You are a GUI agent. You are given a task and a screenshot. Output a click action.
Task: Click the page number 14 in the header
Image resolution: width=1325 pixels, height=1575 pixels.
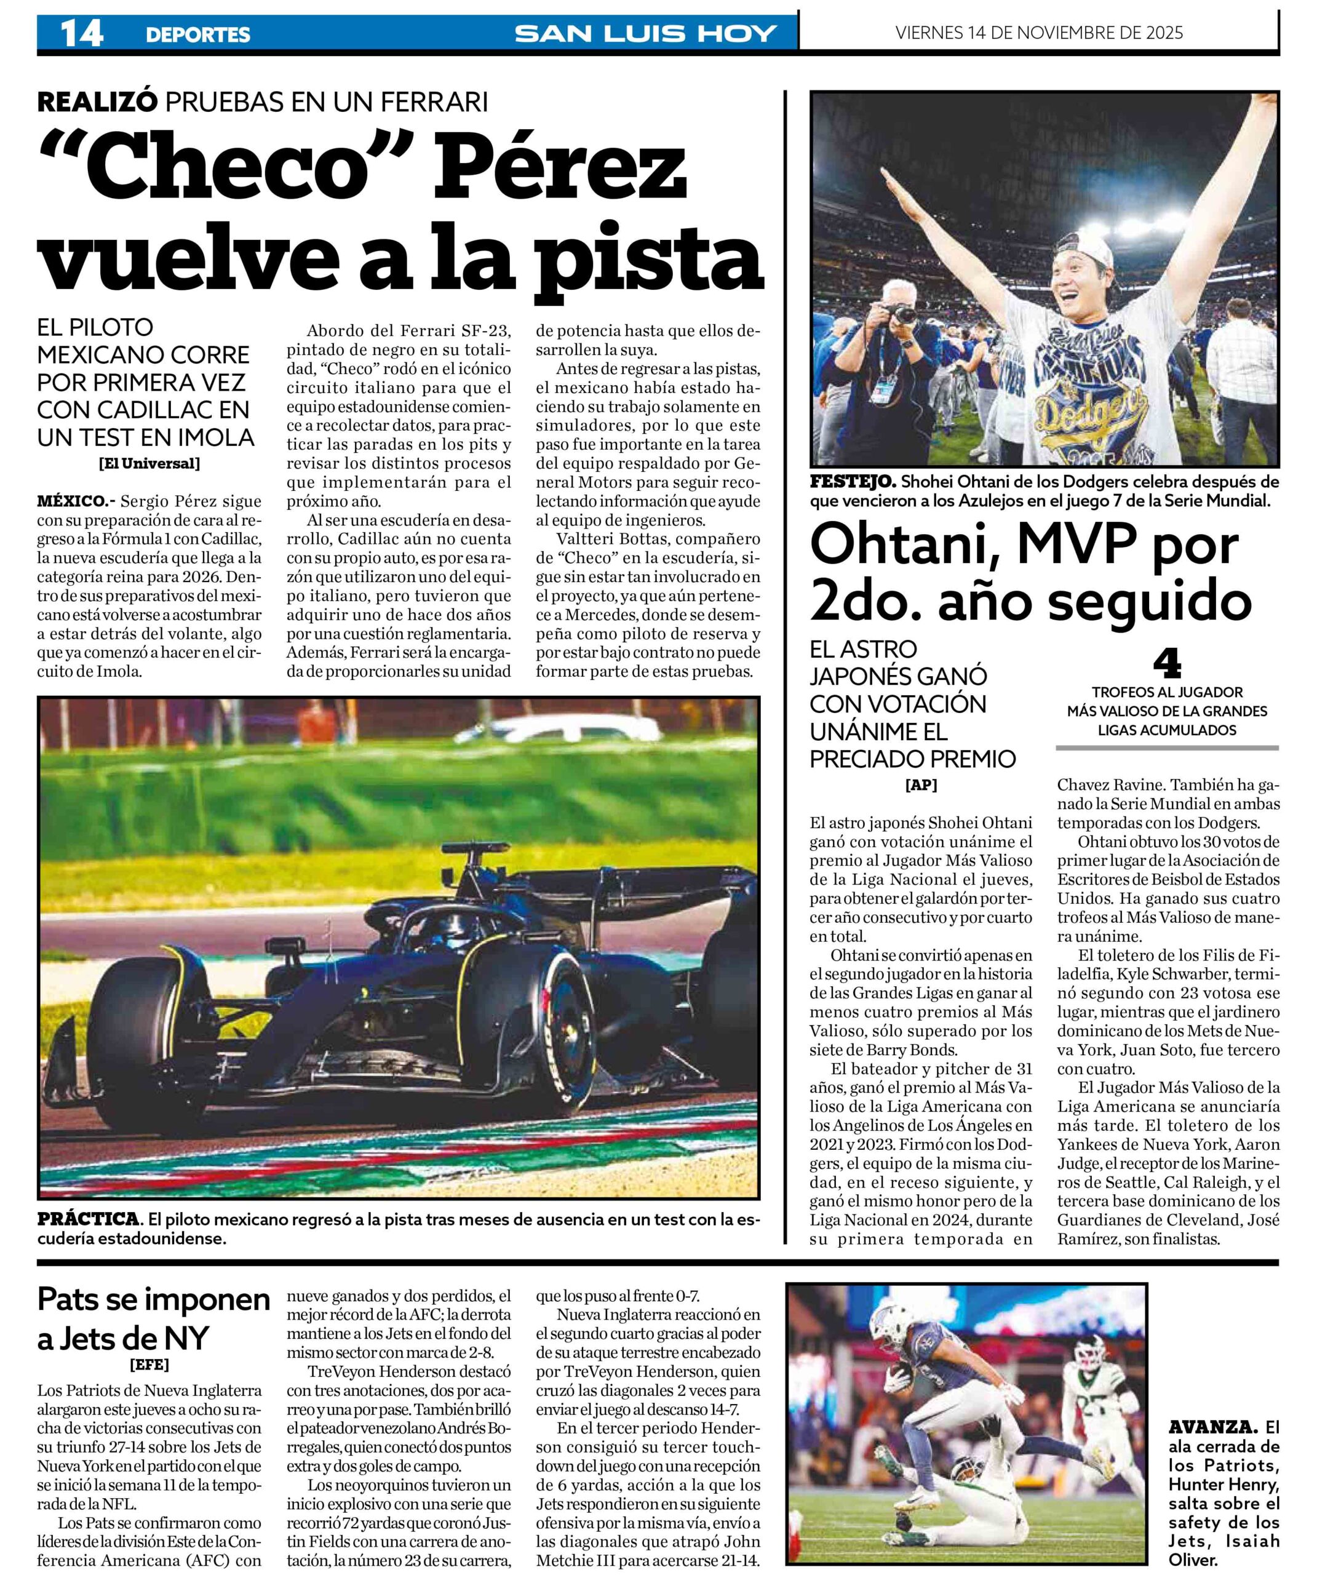(x=82, y=34)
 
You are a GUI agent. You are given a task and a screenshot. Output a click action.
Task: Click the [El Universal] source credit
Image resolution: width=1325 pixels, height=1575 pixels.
(x=149, y=463)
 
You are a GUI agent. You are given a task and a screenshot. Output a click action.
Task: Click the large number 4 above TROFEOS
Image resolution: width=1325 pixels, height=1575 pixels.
(x=1166, y=664)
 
